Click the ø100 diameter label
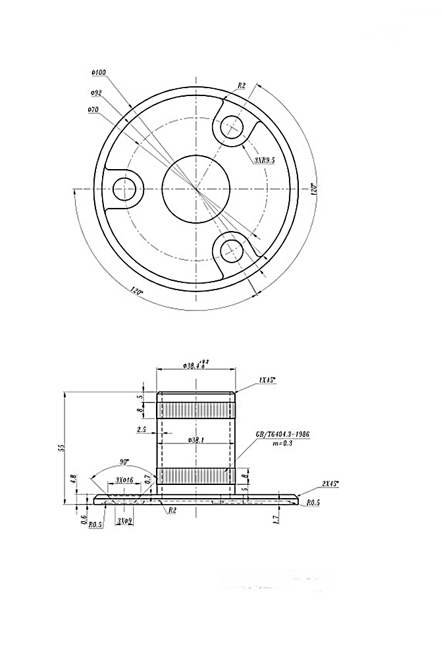tap(100, 72)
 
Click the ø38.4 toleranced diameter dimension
tap(195, 363)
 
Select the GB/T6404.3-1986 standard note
tap(282, 435)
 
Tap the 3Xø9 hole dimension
tap(124, 520)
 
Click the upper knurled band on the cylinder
tap(195, 410)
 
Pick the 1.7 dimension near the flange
tap(276, 519)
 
